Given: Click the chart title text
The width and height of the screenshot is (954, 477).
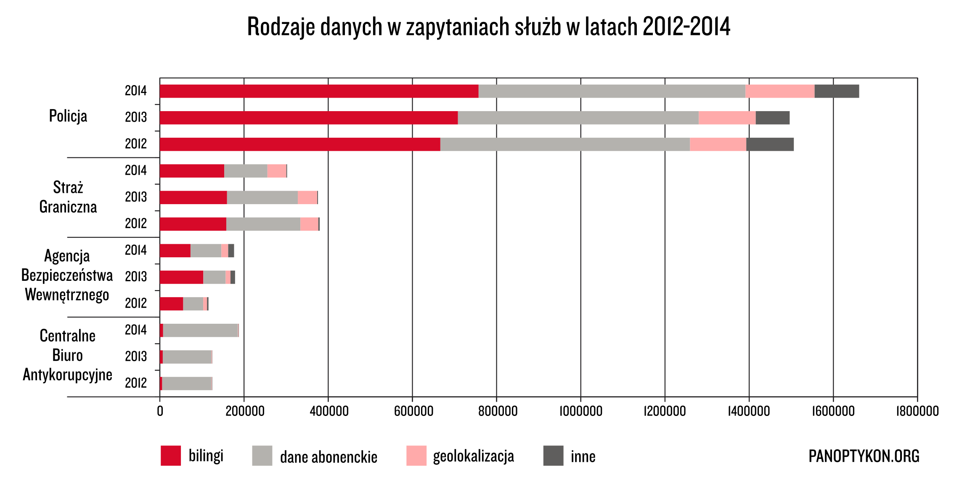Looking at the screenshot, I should coord(488,27).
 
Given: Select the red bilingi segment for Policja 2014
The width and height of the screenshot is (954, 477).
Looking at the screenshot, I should coord(319,91).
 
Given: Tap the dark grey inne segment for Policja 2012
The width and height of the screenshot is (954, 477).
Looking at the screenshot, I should coord(770,144).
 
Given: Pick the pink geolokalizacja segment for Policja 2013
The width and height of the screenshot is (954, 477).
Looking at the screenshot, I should coord(727,118).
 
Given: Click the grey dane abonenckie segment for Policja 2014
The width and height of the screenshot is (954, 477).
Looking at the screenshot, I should coord(612,91).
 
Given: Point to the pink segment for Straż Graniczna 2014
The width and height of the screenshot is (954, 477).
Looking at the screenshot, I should coord(276,171).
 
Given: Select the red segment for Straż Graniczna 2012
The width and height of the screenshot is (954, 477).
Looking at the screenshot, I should coord(193,224).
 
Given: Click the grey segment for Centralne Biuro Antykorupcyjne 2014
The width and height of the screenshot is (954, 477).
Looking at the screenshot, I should coord(200,330).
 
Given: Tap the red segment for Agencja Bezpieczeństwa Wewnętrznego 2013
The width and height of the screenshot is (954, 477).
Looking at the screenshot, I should coord(181,277).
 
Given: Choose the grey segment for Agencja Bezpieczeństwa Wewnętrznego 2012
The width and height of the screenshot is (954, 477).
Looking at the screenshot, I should coord(193,304).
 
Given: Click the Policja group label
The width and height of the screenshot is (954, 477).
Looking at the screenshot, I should coord(68,116).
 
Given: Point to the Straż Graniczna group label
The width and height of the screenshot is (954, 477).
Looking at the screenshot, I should coord(68,197).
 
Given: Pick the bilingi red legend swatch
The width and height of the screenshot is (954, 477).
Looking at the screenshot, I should coord(171,456).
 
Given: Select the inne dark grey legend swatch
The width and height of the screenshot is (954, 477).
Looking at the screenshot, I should coord(553,456).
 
